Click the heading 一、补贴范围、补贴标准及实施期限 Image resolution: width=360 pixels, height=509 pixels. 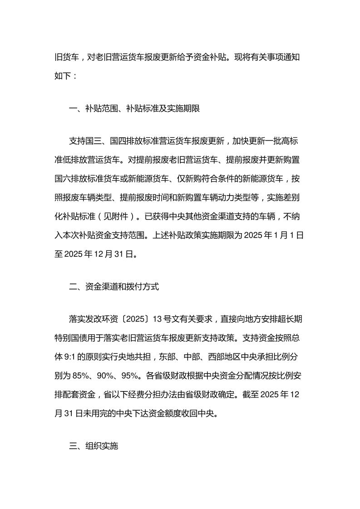coord(134,109)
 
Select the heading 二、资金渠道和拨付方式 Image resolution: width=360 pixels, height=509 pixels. coord(113,287)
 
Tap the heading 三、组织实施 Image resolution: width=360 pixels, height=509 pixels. coord(93,446)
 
